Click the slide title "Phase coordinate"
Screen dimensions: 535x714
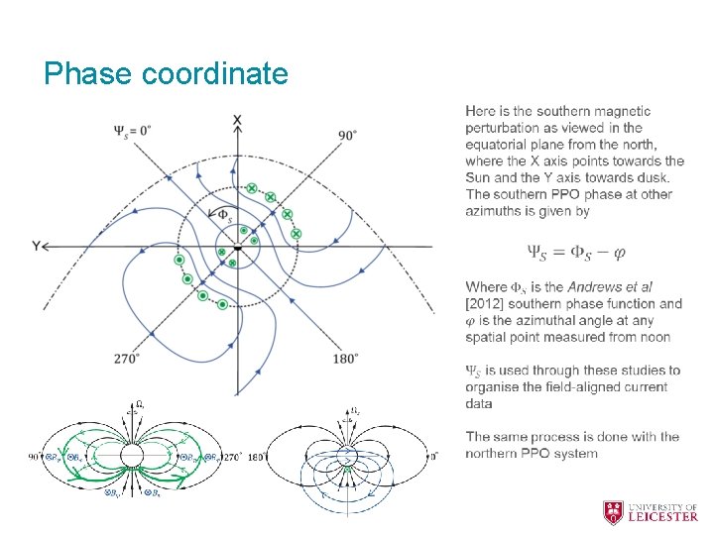click(x=166, y=73)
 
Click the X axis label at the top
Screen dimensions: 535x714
click(x=237, y=121)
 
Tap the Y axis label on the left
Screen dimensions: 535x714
click(x=36, y=246)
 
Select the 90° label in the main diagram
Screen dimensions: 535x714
click(x=347, y=135)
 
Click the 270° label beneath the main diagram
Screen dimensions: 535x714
click(x=126, y=359)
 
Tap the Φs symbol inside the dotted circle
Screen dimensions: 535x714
click(x=226, y=214)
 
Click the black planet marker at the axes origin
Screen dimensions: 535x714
click(x=238, y=246)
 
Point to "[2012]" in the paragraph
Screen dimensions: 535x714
click(x=486, y=304)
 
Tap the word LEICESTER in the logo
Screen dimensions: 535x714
click(x=664, y=516)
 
